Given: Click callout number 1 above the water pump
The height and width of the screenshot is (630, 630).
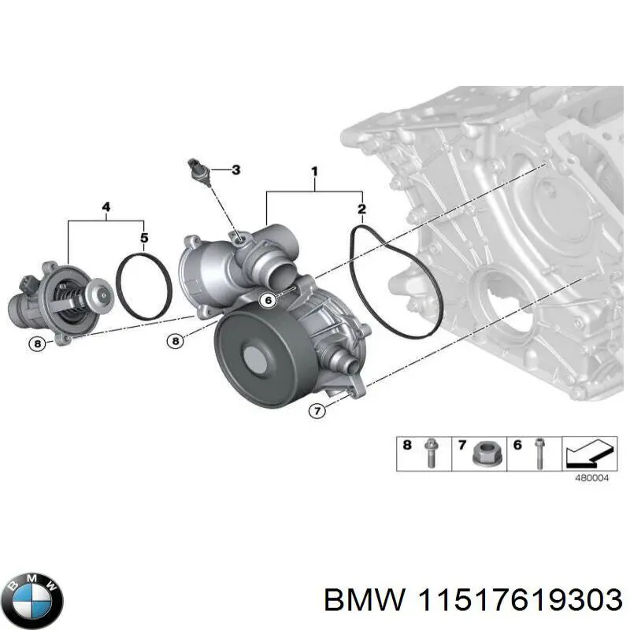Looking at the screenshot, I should (x=314, y=171).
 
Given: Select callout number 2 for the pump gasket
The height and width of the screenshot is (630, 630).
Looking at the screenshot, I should (x=361, y=209).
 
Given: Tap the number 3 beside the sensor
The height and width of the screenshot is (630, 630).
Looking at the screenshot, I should (x=235, y=169).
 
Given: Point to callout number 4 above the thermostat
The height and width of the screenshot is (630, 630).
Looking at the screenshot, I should (x=106, y=207).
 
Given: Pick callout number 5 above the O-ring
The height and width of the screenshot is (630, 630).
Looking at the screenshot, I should (x=144, y=237).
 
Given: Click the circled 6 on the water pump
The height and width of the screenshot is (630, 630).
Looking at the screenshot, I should (x=269, y=299).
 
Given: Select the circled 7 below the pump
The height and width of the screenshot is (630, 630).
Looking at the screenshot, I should (x=317, y=410).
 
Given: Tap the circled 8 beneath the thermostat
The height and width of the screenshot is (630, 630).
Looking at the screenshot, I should (x=38, y=343).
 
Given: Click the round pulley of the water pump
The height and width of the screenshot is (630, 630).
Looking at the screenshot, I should (x=254, y=357).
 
